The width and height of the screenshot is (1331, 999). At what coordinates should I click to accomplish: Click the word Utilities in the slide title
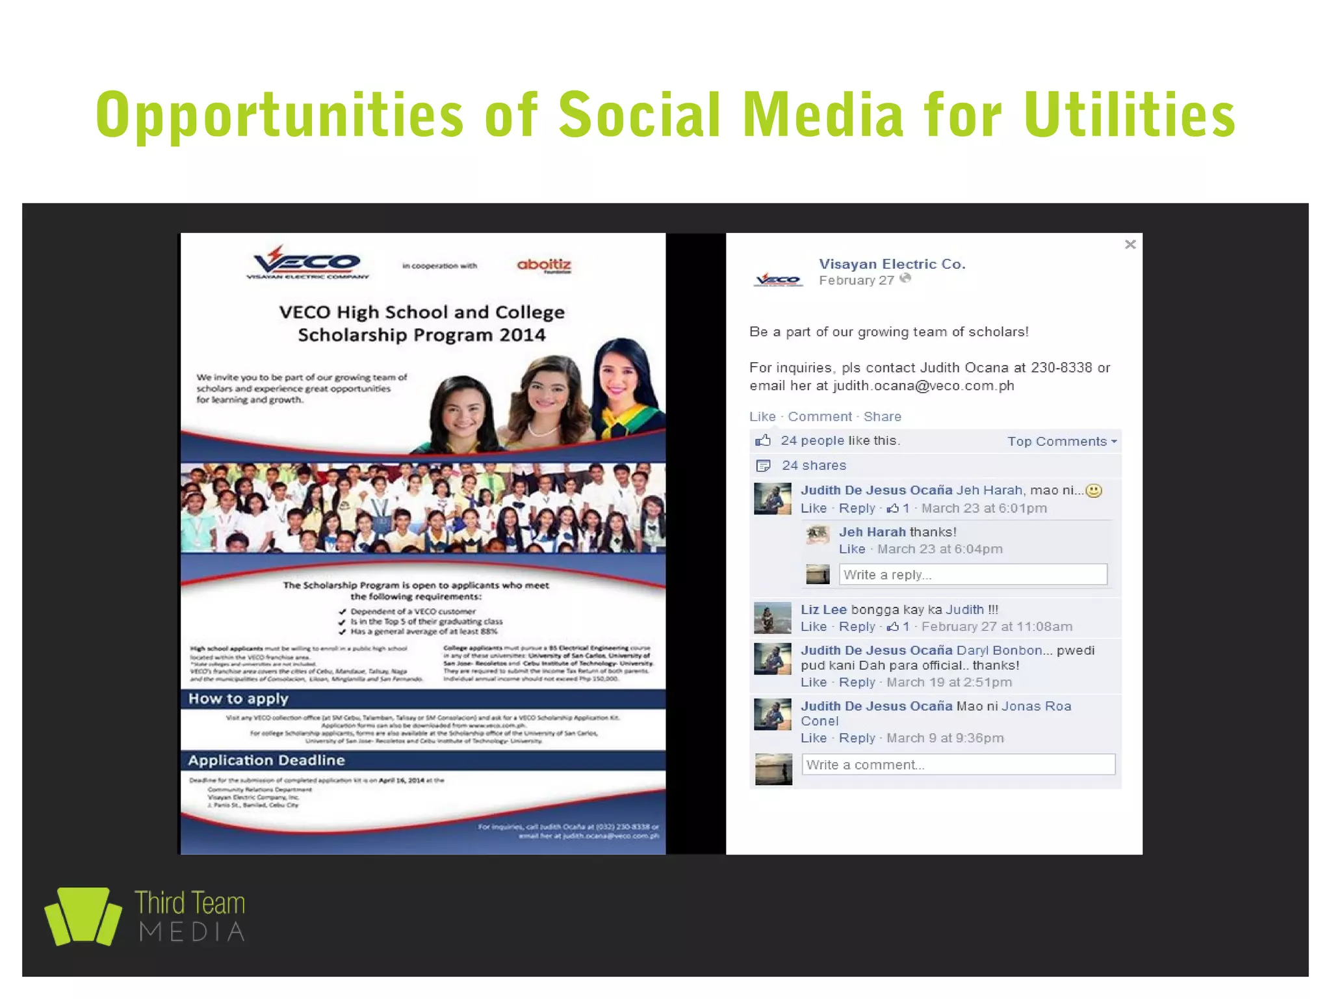pos(1130,116)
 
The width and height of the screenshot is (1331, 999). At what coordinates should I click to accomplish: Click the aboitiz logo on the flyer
pos(544,265)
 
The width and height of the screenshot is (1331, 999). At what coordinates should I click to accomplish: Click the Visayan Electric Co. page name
pos(892,264)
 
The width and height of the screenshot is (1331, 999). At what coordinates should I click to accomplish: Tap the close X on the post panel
pos(1130,245)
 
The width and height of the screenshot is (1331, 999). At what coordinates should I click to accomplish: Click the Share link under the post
pos(882,416)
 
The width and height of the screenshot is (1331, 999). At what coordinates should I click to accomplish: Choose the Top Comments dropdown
pos(1062,442)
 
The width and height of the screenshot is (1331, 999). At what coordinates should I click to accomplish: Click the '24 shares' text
pos(814,466)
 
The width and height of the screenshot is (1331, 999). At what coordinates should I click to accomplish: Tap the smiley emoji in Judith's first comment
pos(1094,490)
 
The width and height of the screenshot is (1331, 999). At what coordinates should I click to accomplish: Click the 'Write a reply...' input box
pos(972,575)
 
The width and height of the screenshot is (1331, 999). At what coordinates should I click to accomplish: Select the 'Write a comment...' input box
pos(958,765)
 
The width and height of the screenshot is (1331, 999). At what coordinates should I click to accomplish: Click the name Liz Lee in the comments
pos(823,609)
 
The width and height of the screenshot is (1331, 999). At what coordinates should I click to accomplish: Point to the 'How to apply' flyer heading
pos(239,699)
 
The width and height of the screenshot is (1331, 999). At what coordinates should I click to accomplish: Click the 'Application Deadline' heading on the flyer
pos(266,760)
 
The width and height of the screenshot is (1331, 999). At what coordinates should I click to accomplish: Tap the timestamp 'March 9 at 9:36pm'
pos(945,738)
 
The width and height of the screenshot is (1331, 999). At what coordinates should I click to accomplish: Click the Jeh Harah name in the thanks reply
pos(872,532)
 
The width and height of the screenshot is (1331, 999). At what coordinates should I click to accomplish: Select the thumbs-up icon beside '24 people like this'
pos(763,441)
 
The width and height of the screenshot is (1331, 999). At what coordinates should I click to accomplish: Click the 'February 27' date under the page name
pos(856,280)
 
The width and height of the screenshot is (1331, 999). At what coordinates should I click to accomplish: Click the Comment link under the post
pos(820,416)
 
